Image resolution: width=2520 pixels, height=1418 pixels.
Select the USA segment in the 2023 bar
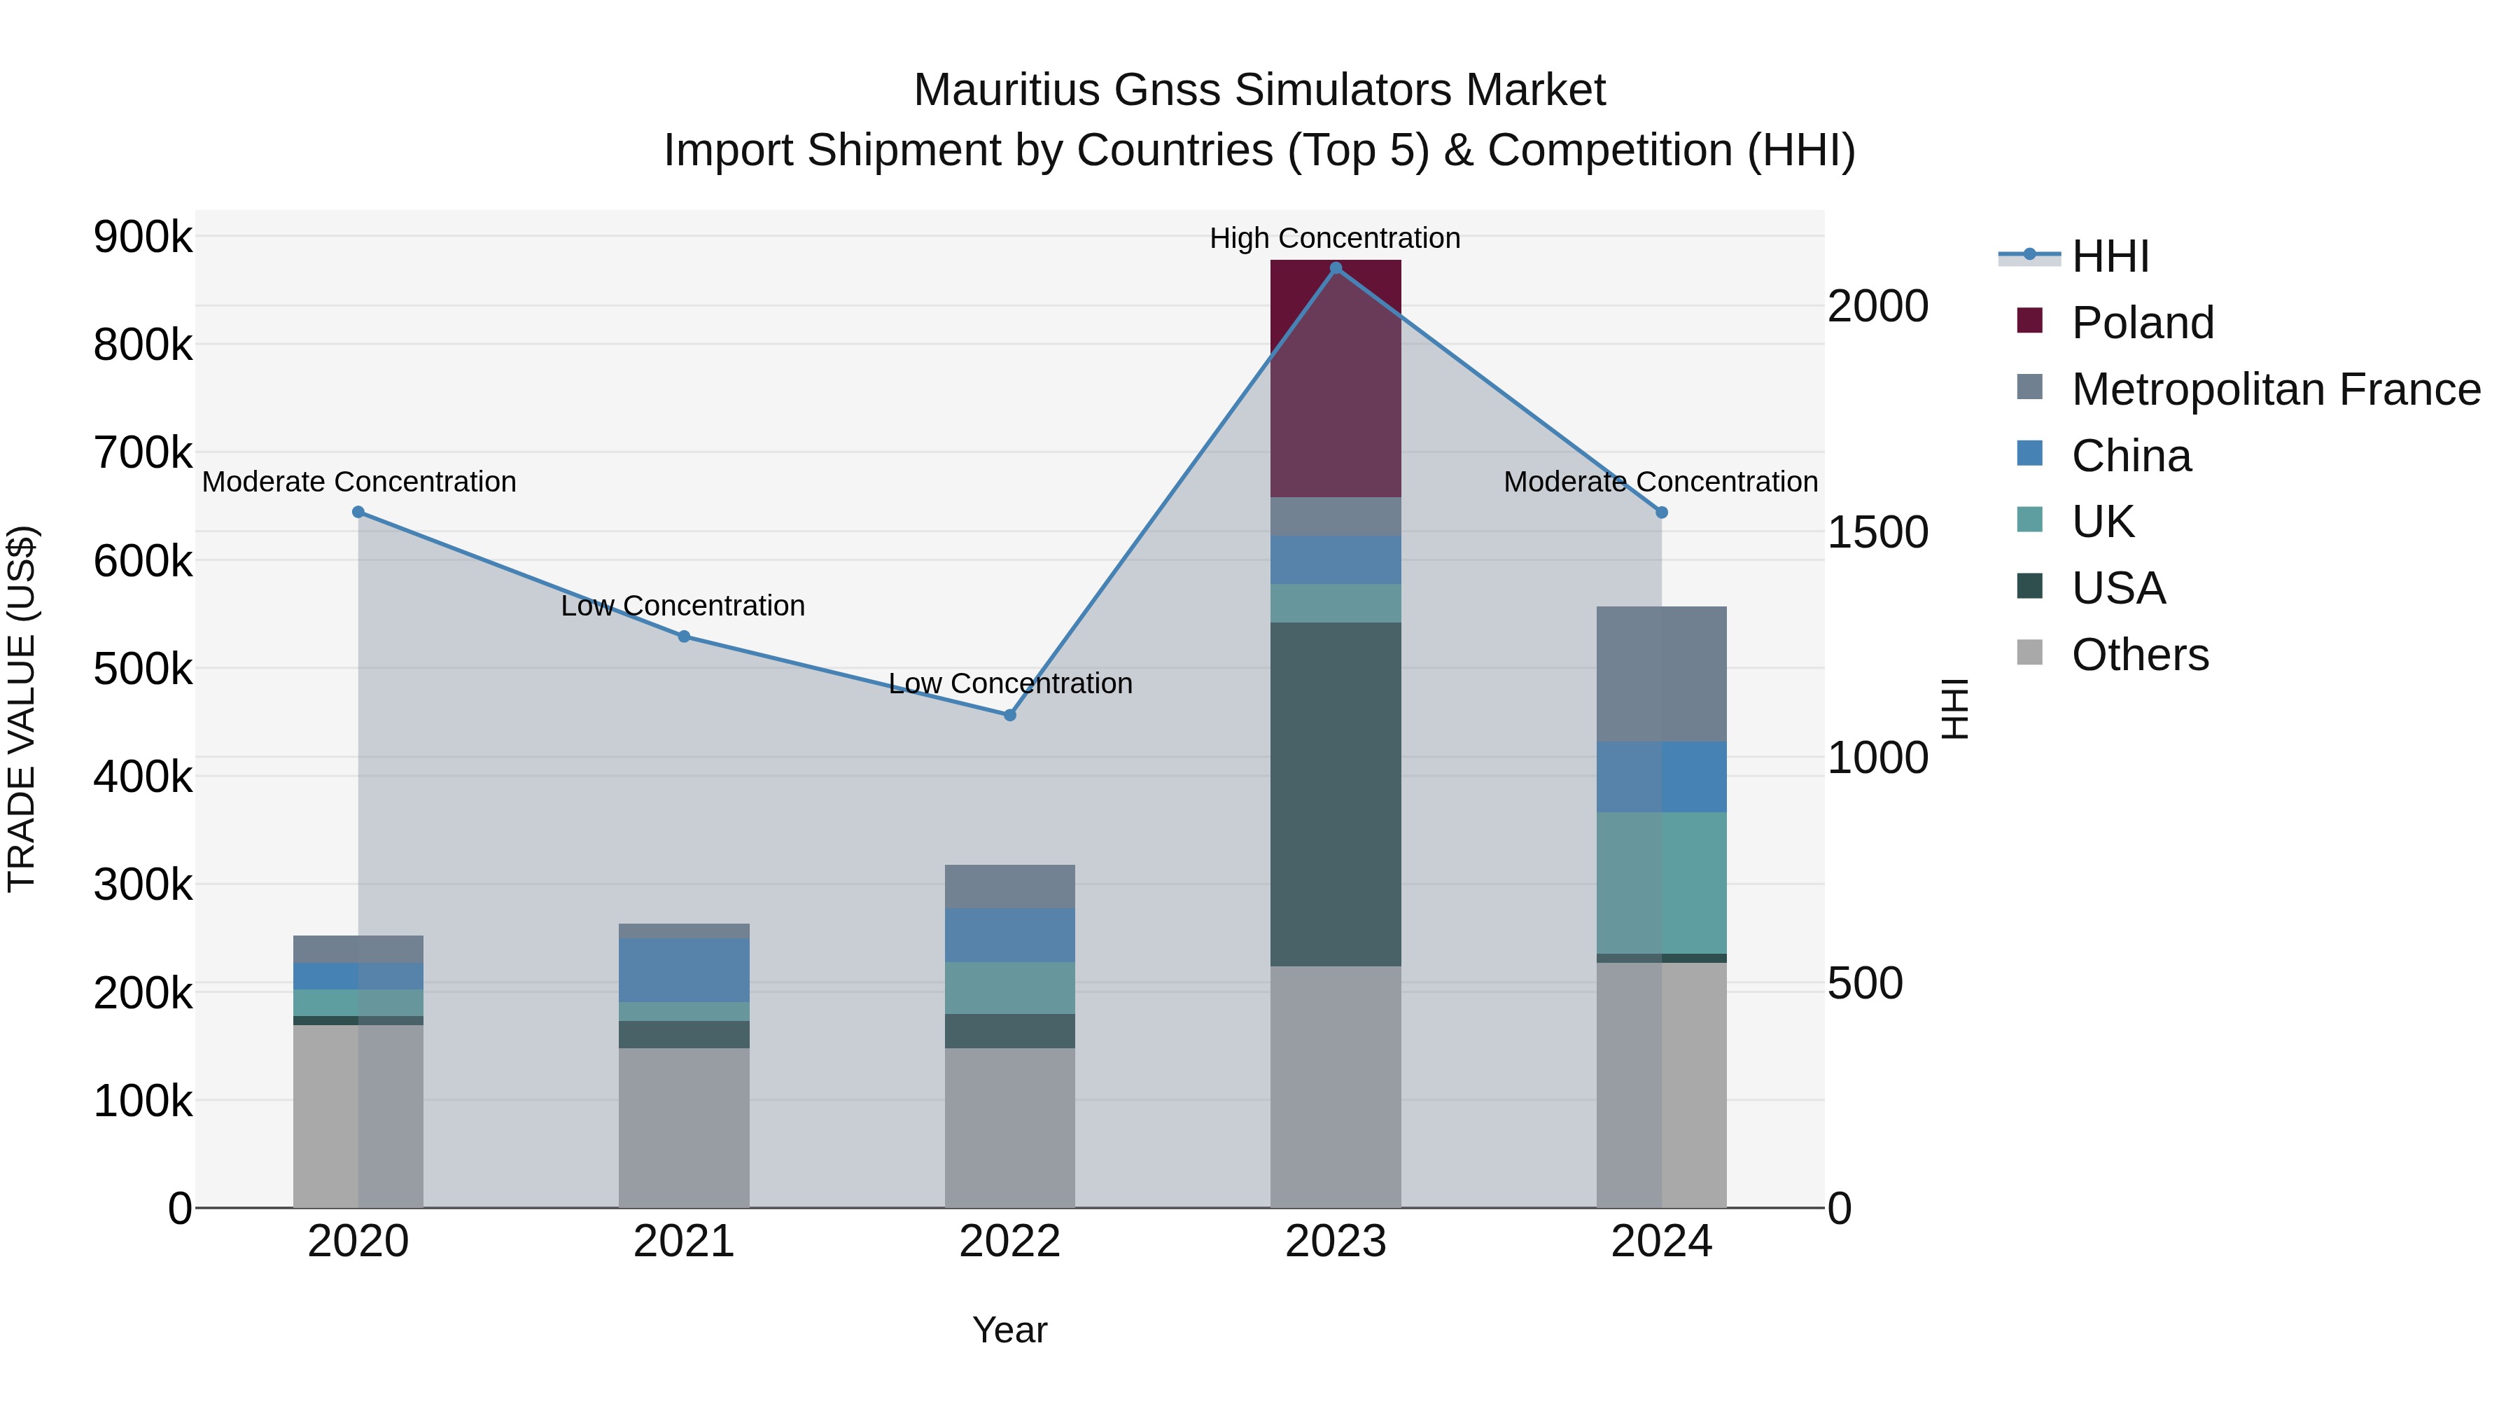pos(1336,793)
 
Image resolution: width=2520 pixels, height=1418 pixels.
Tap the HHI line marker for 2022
pos(1011,716)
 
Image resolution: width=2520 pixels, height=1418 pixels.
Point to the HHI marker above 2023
pos(1336,268)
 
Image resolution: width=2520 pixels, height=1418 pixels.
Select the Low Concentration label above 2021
pos(682,606)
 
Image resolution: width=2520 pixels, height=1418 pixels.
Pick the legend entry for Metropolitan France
pos(2276,389)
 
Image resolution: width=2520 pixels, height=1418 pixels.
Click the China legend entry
pos(2131,456)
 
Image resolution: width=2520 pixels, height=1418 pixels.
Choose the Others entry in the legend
pos(2139,655)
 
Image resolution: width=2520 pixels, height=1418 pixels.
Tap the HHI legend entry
pos(2110,256)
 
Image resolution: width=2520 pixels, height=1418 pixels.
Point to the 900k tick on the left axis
pos(143,237)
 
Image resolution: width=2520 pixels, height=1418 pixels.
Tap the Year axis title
pos(1009,1330)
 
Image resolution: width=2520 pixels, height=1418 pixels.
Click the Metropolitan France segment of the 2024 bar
pos(1661,674)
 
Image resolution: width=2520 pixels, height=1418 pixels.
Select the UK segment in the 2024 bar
pos(1661,883)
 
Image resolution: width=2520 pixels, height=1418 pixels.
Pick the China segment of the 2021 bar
pos(684,970)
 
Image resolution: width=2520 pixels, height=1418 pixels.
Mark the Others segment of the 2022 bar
pos(1009,1127)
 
